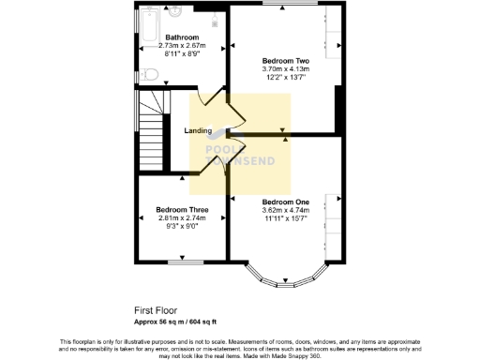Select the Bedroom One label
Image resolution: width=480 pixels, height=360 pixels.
tap(285, 202)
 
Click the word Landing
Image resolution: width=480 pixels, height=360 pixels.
tap(198, 130)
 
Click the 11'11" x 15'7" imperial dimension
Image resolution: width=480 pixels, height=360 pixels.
tap(285, 219)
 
